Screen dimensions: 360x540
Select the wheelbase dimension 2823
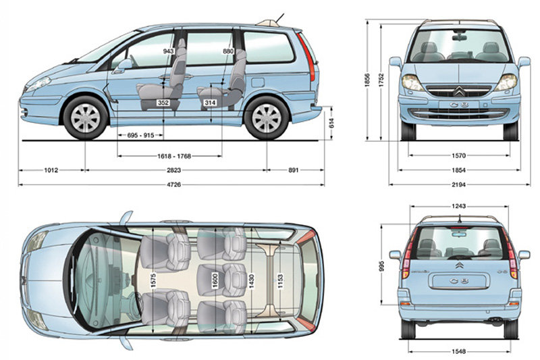click(176, 170)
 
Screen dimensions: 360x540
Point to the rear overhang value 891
click(294, 170)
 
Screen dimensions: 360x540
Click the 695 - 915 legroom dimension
click(140, 135)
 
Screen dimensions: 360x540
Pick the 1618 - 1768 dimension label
click(173, 156)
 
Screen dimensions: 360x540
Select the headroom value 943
click(169, 51)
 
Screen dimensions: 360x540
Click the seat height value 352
click(163, 103)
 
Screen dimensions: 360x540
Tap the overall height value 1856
click(367, 80)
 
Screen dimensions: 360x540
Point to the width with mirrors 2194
click(460, 184)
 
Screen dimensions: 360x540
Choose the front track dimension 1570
click(460, 155)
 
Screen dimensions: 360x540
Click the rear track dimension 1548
click(460, 351)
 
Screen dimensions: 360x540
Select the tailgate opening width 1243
click(459, 206)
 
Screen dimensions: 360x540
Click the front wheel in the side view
click(85, 116)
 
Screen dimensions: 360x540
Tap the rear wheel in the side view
click(266, 116)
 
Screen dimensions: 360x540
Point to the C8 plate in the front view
click(459, 105)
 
